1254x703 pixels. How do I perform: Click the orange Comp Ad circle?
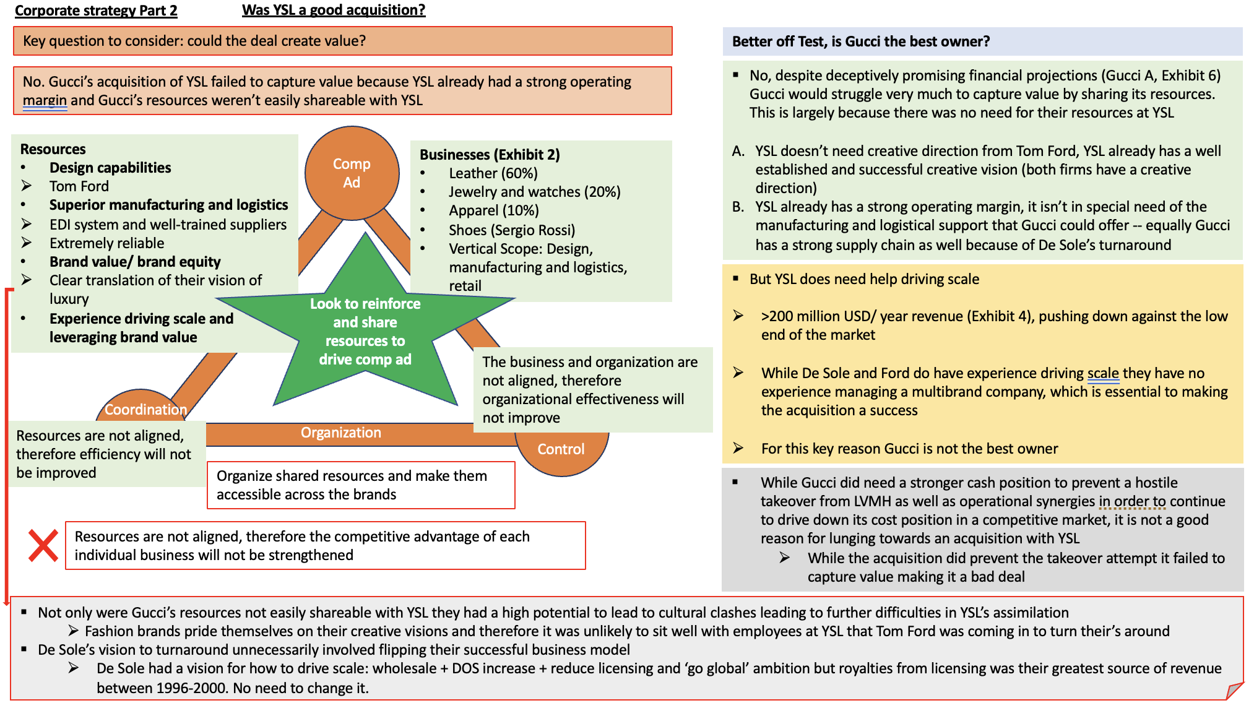(352, 173)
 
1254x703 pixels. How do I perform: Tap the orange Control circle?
(561, 450)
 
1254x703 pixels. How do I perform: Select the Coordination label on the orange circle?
(145, 410)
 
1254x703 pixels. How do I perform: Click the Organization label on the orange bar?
(341, 433)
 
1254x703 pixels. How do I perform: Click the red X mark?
(43, 546)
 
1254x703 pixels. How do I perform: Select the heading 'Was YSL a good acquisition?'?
(334, 11)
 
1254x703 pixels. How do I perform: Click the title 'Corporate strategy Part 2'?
(96, 11)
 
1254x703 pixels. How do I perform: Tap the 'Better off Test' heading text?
(860, 41)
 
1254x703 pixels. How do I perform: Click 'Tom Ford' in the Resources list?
(79, 186)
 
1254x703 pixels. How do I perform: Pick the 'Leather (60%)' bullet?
(493, 173)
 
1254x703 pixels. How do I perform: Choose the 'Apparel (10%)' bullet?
(494, 210)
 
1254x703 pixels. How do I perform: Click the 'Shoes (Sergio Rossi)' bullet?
(512, 230)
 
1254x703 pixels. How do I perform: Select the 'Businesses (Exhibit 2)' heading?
(490, 155)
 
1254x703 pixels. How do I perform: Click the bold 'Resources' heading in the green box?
(53, 149)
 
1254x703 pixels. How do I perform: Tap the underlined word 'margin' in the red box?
(45, 100)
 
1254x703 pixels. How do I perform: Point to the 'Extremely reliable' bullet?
(107, 243)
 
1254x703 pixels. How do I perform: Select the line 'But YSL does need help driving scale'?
(864, 279)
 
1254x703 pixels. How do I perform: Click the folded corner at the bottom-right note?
(1234, 691)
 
